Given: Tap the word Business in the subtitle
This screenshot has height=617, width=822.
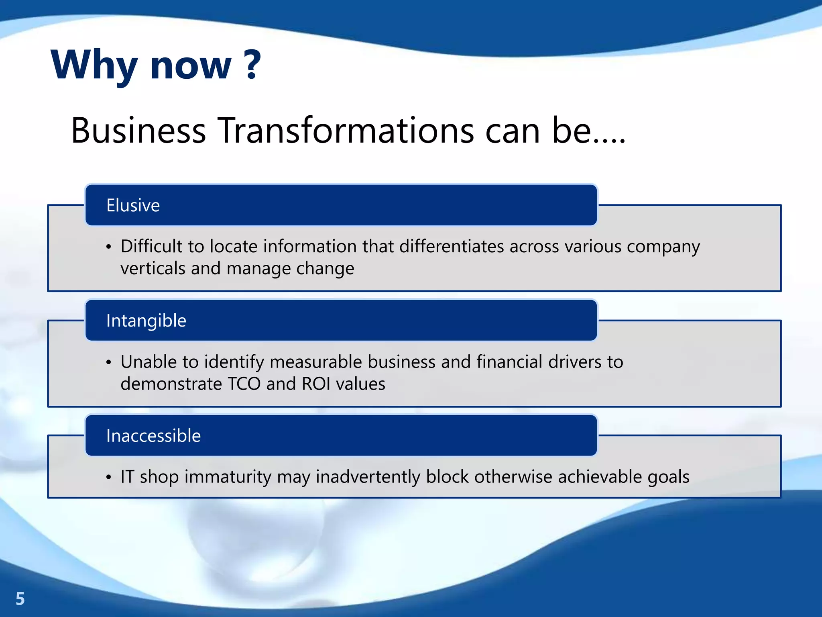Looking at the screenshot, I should point(138,131).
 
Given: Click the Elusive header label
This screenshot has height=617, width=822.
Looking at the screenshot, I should point(133,205).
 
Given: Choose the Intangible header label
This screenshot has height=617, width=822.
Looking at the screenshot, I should point(146,321).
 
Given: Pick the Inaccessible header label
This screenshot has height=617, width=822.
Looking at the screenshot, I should point(153,436).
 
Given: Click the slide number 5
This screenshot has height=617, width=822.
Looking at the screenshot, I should point(20,599).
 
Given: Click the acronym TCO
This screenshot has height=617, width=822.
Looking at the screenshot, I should point(244,384).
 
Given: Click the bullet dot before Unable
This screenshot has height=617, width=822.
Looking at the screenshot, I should point(108,362).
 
